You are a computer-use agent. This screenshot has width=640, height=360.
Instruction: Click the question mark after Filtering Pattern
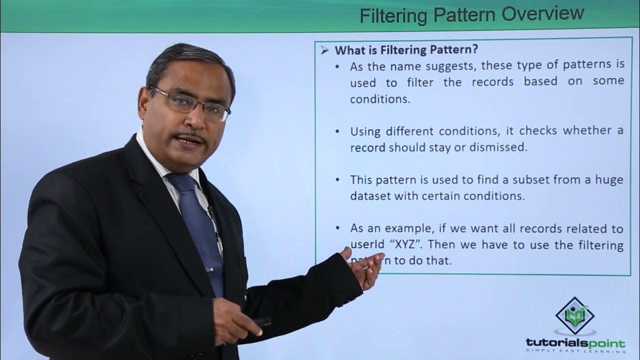tap(475, 50)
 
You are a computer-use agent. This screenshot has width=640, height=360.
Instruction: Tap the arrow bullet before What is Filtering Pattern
tap(324, 50)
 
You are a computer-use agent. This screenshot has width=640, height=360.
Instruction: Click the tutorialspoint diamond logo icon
tap(575, 315)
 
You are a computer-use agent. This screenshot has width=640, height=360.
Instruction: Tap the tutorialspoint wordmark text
tap(575, 343)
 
